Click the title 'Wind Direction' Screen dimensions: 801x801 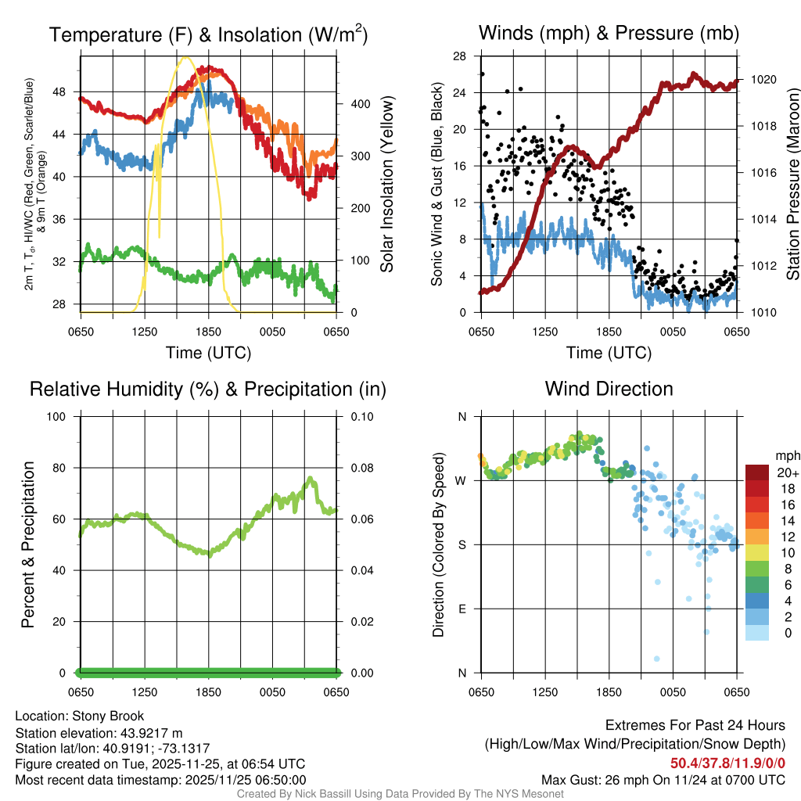(x=609, y=389)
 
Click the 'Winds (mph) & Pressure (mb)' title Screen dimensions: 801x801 (x=609, y=34)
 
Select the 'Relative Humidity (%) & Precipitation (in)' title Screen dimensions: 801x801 (x=208, y=389)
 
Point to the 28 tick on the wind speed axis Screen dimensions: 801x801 (x=461, y=56)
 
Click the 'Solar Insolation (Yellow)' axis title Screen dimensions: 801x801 (x=387, y=184)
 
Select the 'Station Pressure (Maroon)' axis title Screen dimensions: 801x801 (x=792, y=184)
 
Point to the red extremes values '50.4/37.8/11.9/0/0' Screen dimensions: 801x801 (x=727, y=763)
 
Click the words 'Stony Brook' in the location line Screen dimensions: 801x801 (x=108, y=717)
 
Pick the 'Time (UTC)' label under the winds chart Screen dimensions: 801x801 (x=609, y=353)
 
